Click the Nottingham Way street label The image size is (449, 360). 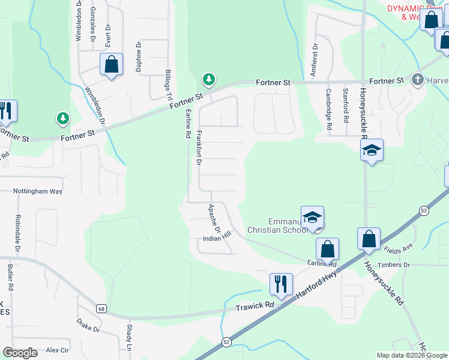(38, 191)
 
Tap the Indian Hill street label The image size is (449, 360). (217, 238)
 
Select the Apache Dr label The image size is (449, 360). (214, 220)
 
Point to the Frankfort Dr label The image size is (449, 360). (199, 146)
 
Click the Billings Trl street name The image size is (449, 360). (169, 85)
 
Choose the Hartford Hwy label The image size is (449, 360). (317, 285)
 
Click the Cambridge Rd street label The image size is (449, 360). (329, 110)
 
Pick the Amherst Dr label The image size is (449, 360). (313, 59)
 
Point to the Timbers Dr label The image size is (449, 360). (411, 265)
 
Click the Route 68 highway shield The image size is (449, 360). (101, 309)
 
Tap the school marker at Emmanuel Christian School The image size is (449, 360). (313, 218)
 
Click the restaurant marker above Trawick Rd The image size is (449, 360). (281, 284)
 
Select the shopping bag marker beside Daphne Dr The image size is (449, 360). (112, 64)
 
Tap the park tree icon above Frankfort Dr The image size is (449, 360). (209, 79)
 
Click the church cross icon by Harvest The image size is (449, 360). (418, 79)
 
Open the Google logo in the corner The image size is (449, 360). (20, 353)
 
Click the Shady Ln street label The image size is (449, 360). (129, 338)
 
